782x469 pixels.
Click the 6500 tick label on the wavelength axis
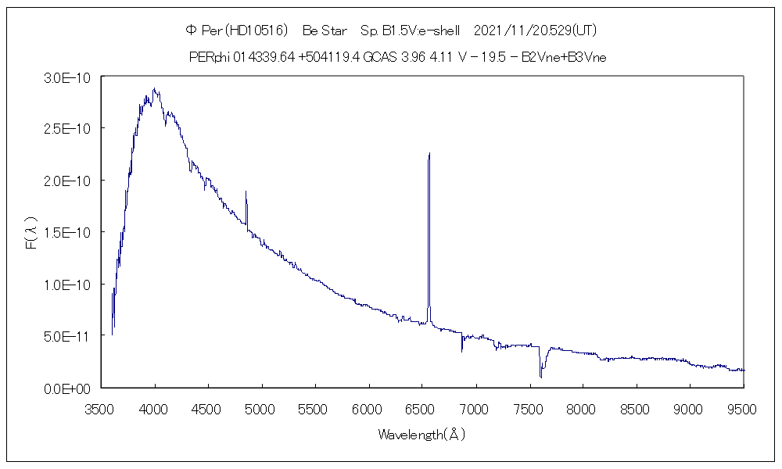tap(423, 407)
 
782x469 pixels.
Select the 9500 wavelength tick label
tap(744, 407)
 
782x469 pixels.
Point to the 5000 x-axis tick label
tap(262, 407)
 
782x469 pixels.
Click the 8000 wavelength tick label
tap(583, 407)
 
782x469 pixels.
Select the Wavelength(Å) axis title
tap(421, 435)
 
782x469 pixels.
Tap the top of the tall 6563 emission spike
tap(429, 154)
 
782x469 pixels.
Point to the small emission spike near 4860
tap(246, 192)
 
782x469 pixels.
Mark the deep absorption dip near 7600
tap(540, 376)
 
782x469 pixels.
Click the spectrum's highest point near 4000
tap(155, 89)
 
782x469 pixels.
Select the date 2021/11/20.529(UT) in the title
tap(536, 30)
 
